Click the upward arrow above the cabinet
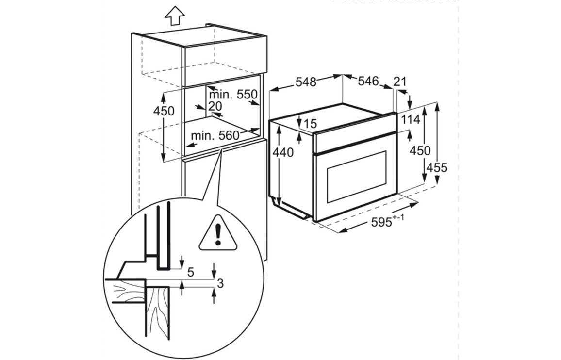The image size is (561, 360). coord(174,16)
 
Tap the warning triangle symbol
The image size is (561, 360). coord(218,233)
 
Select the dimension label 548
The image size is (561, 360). coord(306,82)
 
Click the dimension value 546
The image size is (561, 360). coord(368,81)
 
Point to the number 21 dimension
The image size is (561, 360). coord(400,82)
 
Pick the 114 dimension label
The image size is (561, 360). coord(410,119)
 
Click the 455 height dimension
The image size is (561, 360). coord(437,168)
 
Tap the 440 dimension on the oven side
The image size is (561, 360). coord(283,152)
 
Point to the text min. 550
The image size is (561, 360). coord(232,95)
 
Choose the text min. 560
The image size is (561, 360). coord(215,135)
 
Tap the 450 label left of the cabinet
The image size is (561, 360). coord(164,111)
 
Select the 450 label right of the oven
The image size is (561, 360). coord(420,151)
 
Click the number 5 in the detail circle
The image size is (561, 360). coord(191,273)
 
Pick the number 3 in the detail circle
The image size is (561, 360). coord(220,284)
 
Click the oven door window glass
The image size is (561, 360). coord(357,177)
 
